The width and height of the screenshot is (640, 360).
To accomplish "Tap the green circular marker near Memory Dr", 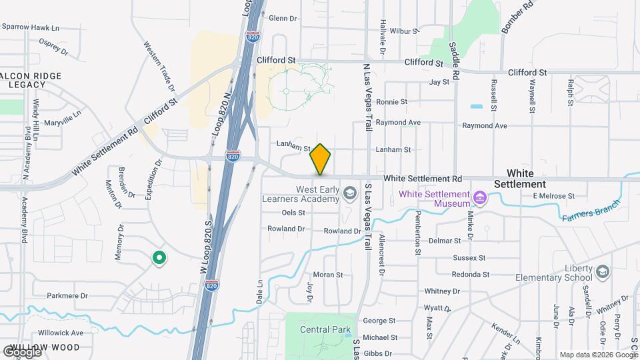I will [159, 257].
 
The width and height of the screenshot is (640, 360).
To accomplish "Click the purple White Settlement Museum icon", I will [479, 197].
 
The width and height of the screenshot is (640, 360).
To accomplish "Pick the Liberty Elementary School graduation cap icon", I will [602, 272].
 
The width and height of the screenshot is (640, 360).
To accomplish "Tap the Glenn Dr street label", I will [282, 18].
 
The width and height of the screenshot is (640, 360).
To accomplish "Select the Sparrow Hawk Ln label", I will [31, 27].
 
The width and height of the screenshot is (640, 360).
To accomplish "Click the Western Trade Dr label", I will [159, 66].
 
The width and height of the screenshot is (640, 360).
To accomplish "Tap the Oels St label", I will [293, 213].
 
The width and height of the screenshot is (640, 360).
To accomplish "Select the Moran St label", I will [327, 275].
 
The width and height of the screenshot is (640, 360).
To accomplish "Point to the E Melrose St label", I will [553, 196].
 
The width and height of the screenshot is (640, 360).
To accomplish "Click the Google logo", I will [22, 351].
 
